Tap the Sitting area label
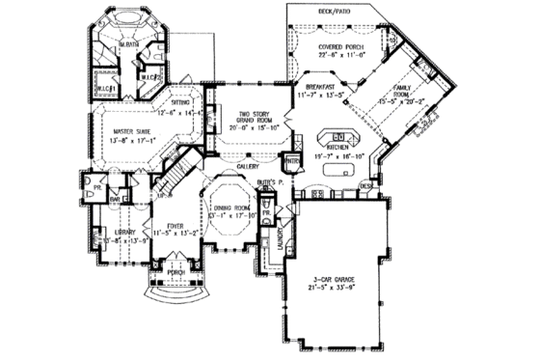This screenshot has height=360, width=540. point(180,100)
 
